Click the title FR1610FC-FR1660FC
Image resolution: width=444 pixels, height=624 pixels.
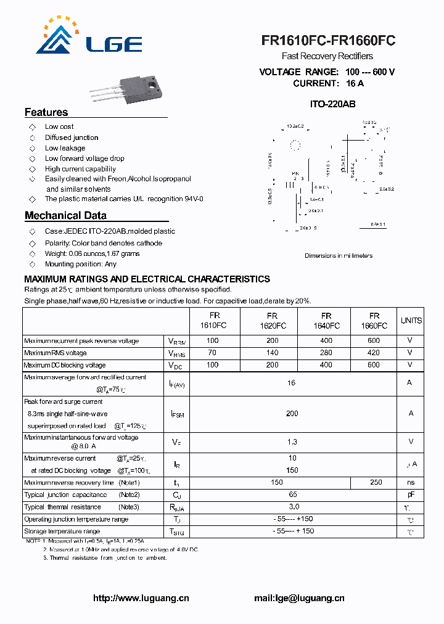click(x=328, y=41)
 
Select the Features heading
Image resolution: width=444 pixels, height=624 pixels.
click(x=46, y=112)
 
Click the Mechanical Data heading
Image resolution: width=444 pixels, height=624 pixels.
click(x=65, y=216)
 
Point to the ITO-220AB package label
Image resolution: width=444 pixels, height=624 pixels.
click(x=332, y=105)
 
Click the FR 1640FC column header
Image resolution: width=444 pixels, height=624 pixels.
click(x=326, y=321)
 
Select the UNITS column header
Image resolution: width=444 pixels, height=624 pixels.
click(x=411, y=321)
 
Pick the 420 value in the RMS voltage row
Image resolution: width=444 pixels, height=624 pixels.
click(x=373, y=353)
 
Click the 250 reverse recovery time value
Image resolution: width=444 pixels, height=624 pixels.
click(x=375, y=482)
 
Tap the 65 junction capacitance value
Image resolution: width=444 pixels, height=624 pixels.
click(x=292, y=495)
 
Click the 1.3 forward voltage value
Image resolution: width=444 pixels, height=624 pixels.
click(x=292, y=441)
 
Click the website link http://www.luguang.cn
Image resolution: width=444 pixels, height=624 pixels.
click(x=141, y=598)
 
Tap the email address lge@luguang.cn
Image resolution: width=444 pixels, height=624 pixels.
click(x=299, y=598)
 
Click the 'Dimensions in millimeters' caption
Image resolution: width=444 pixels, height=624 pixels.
click(x=339, y=255)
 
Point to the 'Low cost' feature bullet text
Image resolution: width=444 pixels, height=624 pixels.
click(x=59, y=126)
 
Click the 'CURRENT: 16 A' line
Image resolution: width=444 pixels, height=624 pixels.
click(x=328, y=83)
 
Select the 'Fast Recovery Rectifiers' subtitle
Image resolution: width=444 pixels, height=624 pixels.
click(x=327, y=57)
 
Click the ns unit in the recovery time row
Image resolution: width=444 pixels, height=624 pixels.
click(x=411, y=482)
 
